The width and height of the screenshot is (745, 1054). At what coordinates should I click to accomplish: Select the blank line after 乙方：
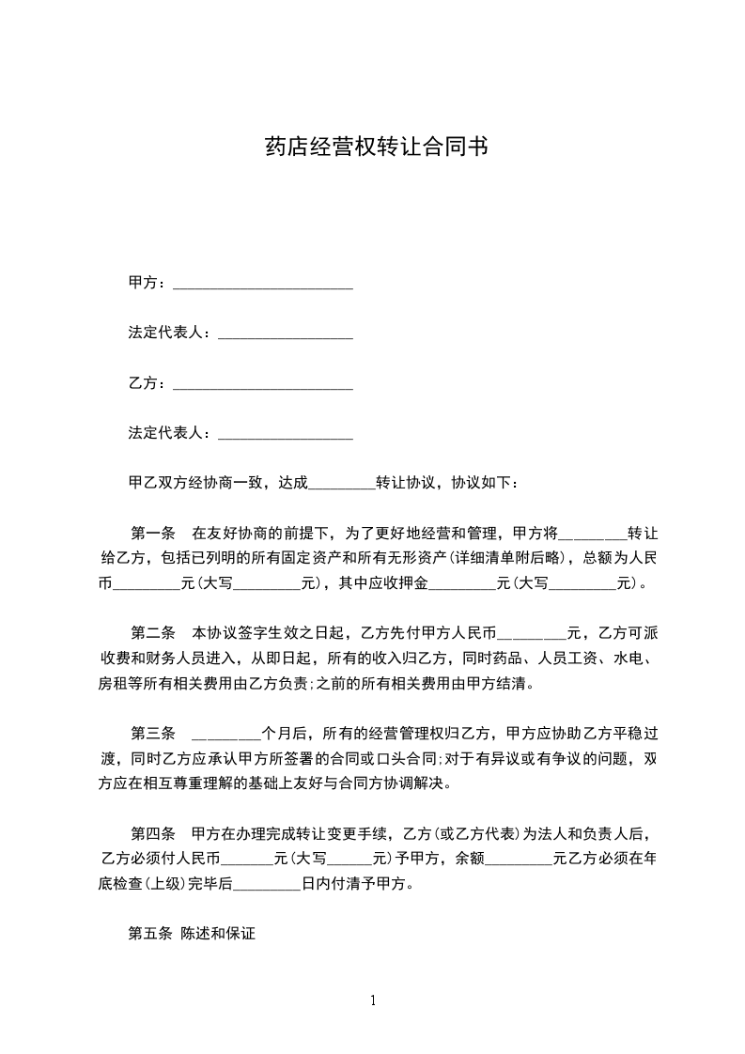tap(263, 385)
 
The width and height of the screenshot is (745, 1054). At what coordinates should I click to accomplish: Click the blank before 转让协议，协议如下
tap(341, 484)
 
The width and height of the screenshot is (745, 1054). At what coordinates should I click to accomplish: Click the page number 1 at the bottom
tap(373, 1000)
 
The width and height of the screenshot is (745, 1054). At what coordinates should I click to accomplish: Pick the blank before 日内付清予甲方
tap(266, 884)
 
